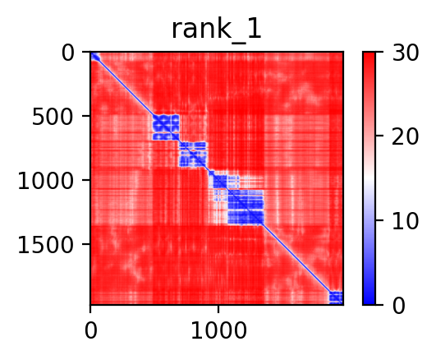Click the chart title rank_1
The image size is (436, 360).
(x=217, y=30)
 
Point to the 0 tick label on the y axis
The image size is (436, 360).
(x=68, y=53)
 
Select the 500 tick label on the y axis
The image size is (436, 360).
(x=53, y=118)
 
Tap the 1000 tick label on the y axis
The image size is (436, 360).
(x=46, y=182)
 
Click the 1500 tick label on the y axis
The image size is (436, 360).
(x=46, y=246)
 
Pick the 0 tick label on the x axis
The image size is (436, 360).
(x=90, y=331)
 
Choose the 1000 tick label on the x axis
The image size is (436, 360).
(x=219, y=331)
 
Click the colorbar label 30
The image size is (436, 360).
(x=405, y=53)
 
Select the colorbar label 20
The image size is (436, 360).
(x=405, y=137)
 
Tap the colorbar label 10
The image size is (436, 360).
(x=405, y=222)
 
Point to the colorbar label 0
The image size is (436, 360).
(x=399, y=307)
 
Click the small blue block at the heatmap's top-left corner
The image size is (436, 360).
(x=95, y=57)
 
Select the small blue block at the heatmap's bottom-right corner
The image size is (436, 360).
(x=336, y=298)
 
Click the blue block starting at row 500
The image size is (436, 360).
(x=166, y=127)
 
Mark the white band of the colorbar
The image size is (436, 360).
(x=369, y=178)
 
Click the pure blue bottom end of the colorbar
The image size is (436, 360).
(x=369, y=302)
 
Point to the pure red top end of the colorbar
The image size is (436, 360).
(x=369, y=55)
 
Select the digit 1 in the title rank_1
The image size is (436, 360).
(x=255, y=29)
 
